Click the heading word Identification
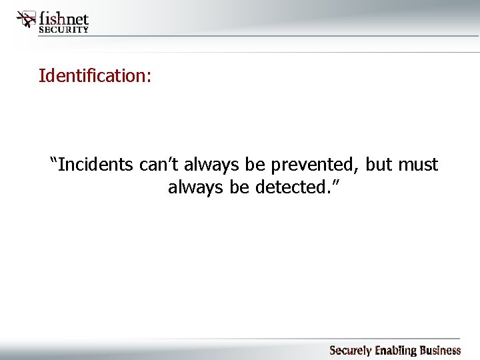click(x=95, y=75)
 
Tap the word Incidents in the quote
click(x=97, y=164)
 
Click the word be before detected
click(x=239, y=187)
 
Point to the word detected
click(x=289, y=187)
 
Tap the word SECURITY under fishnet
click(x=64, y=29)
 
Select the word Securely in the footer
click(x=352, y=351)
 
